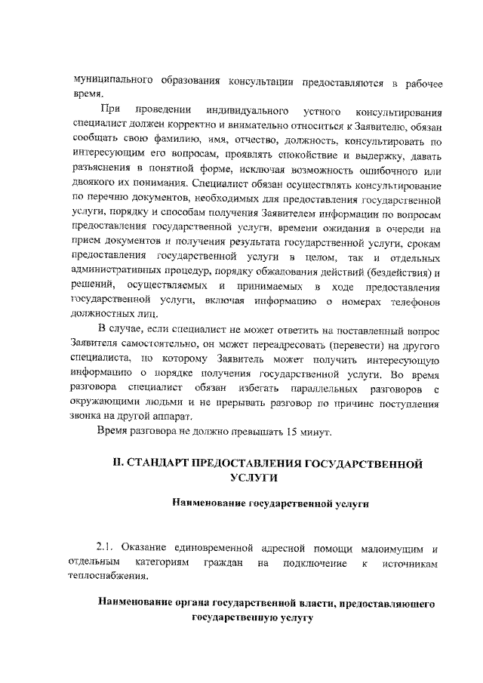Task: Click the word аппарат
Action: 175,419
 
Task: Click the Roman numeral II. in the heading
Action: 118,463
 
